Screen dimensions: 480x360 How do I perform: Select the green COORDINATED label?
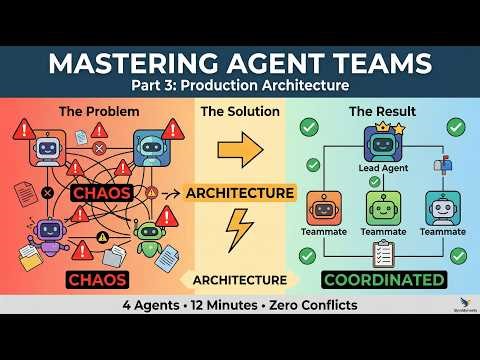382,279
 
